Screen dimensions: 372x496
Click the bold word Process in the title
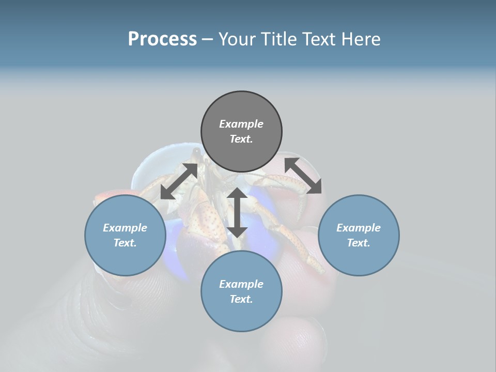point(162,39)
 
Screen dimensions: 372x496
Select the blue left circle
point(125,235)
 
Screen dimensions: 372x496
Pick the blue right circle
point(359,235)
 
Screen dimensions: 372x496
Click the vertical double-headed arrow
point(237,212)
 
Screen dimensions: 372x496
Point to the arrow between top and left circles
point(179,181)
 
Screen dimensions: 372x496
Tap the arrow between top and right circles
point(303,176)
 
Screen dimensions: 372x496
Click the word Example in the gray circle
point(241,124)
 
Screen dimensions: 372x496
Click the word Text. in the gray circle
point(241,139)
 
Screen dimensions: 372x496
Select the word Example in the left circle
point(125,228)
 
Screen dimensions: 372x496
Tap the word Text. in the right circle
point(359,243)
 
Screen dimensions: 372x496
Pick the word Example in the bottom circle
point(241,284)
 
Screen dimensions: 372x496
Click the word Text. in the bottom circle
point(241,299)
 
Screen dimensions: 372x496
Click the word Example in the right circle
point(359,228)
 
